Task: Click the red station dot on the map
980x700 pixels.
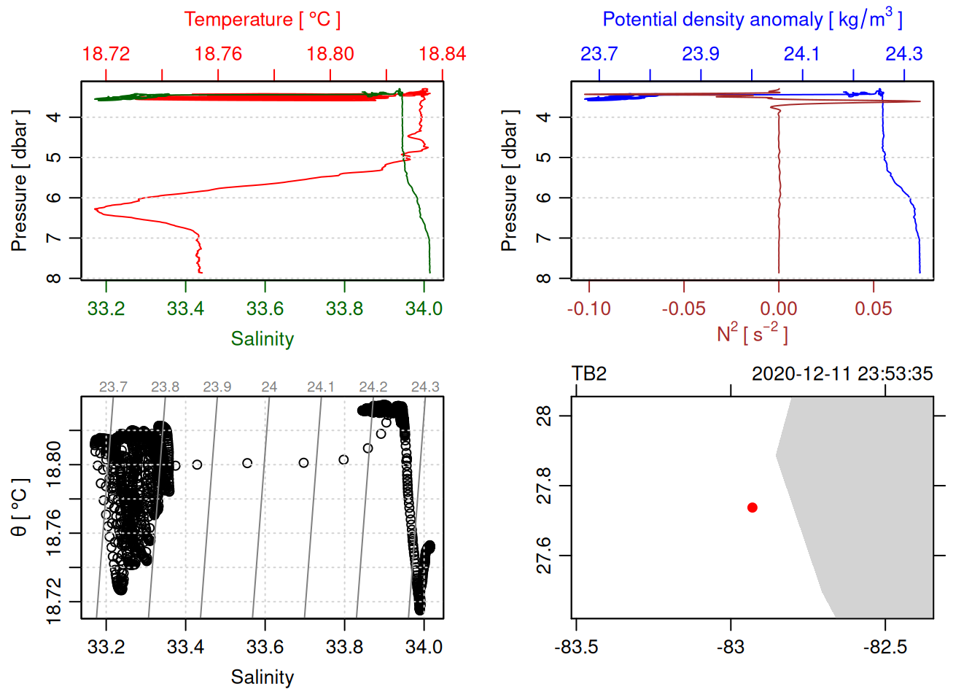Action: tap(752, 507)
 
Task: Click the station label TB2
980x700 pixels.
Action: tap(589, 374)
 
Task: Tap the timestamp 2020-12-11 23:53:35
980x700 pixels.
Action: tap(841, 374)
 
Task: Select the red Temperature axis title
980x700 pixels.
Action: tap(262, 20)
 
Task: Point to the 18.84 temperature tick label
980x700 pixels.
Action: tap(442, 54)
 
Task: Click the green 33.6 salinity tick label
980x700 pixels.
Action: tap(265, 309)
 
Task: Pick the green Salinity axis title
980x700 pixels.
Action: tap(262, 339)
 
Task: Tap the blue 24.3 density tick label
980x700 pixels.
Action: tap(903, 54)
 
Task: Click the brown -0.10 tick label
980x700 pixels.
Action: tap(589, 309)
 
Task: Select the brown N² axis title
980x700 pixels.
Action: tap(752, 333)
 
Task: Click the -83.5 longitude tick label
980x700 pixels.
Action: tap(576, 647)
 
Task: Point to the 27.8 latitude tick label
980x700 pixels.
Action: tap(544, 486)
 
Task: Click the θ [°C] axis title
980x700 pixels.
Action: tap(20, 507)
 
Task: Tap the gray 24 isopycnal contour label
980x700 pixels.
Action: tap(269, 387)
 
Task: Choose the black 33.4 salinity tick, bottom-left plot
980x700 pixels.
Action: tap(185, 647)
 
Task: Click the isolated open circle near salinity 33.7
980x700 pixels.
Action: tap(303, 463)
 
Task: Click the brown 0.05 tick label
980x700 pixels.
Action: tap(873, 309)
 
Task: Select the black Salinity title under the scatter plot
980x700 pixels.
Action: tap(262, 677)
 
